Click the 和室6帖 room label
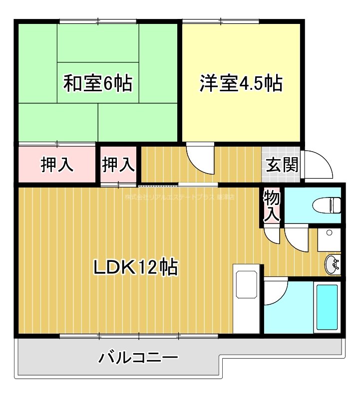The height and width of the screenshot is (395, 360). tap(98, 83)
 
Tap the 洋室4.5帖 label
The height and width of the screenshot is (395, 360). tap(241, 83)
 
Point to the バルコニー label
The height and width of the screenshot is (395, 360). tap(138, 358)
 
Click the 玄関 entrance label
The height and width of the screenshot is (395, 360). tap(282, 165)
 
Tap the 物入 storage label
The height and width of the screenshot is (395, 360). tap(272, 205)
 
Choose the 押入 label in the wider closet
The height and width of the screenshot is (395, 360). tap(57, 165)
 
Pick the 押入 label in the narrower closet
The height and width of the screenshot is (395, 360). tap(118, 165)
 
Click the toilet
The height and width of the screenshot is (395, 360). tap(328, 204)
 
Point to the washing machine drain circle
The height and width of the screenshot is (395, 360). tap(329, 233)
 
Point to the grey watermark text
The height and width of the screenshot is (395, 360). tap(179, 197)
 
